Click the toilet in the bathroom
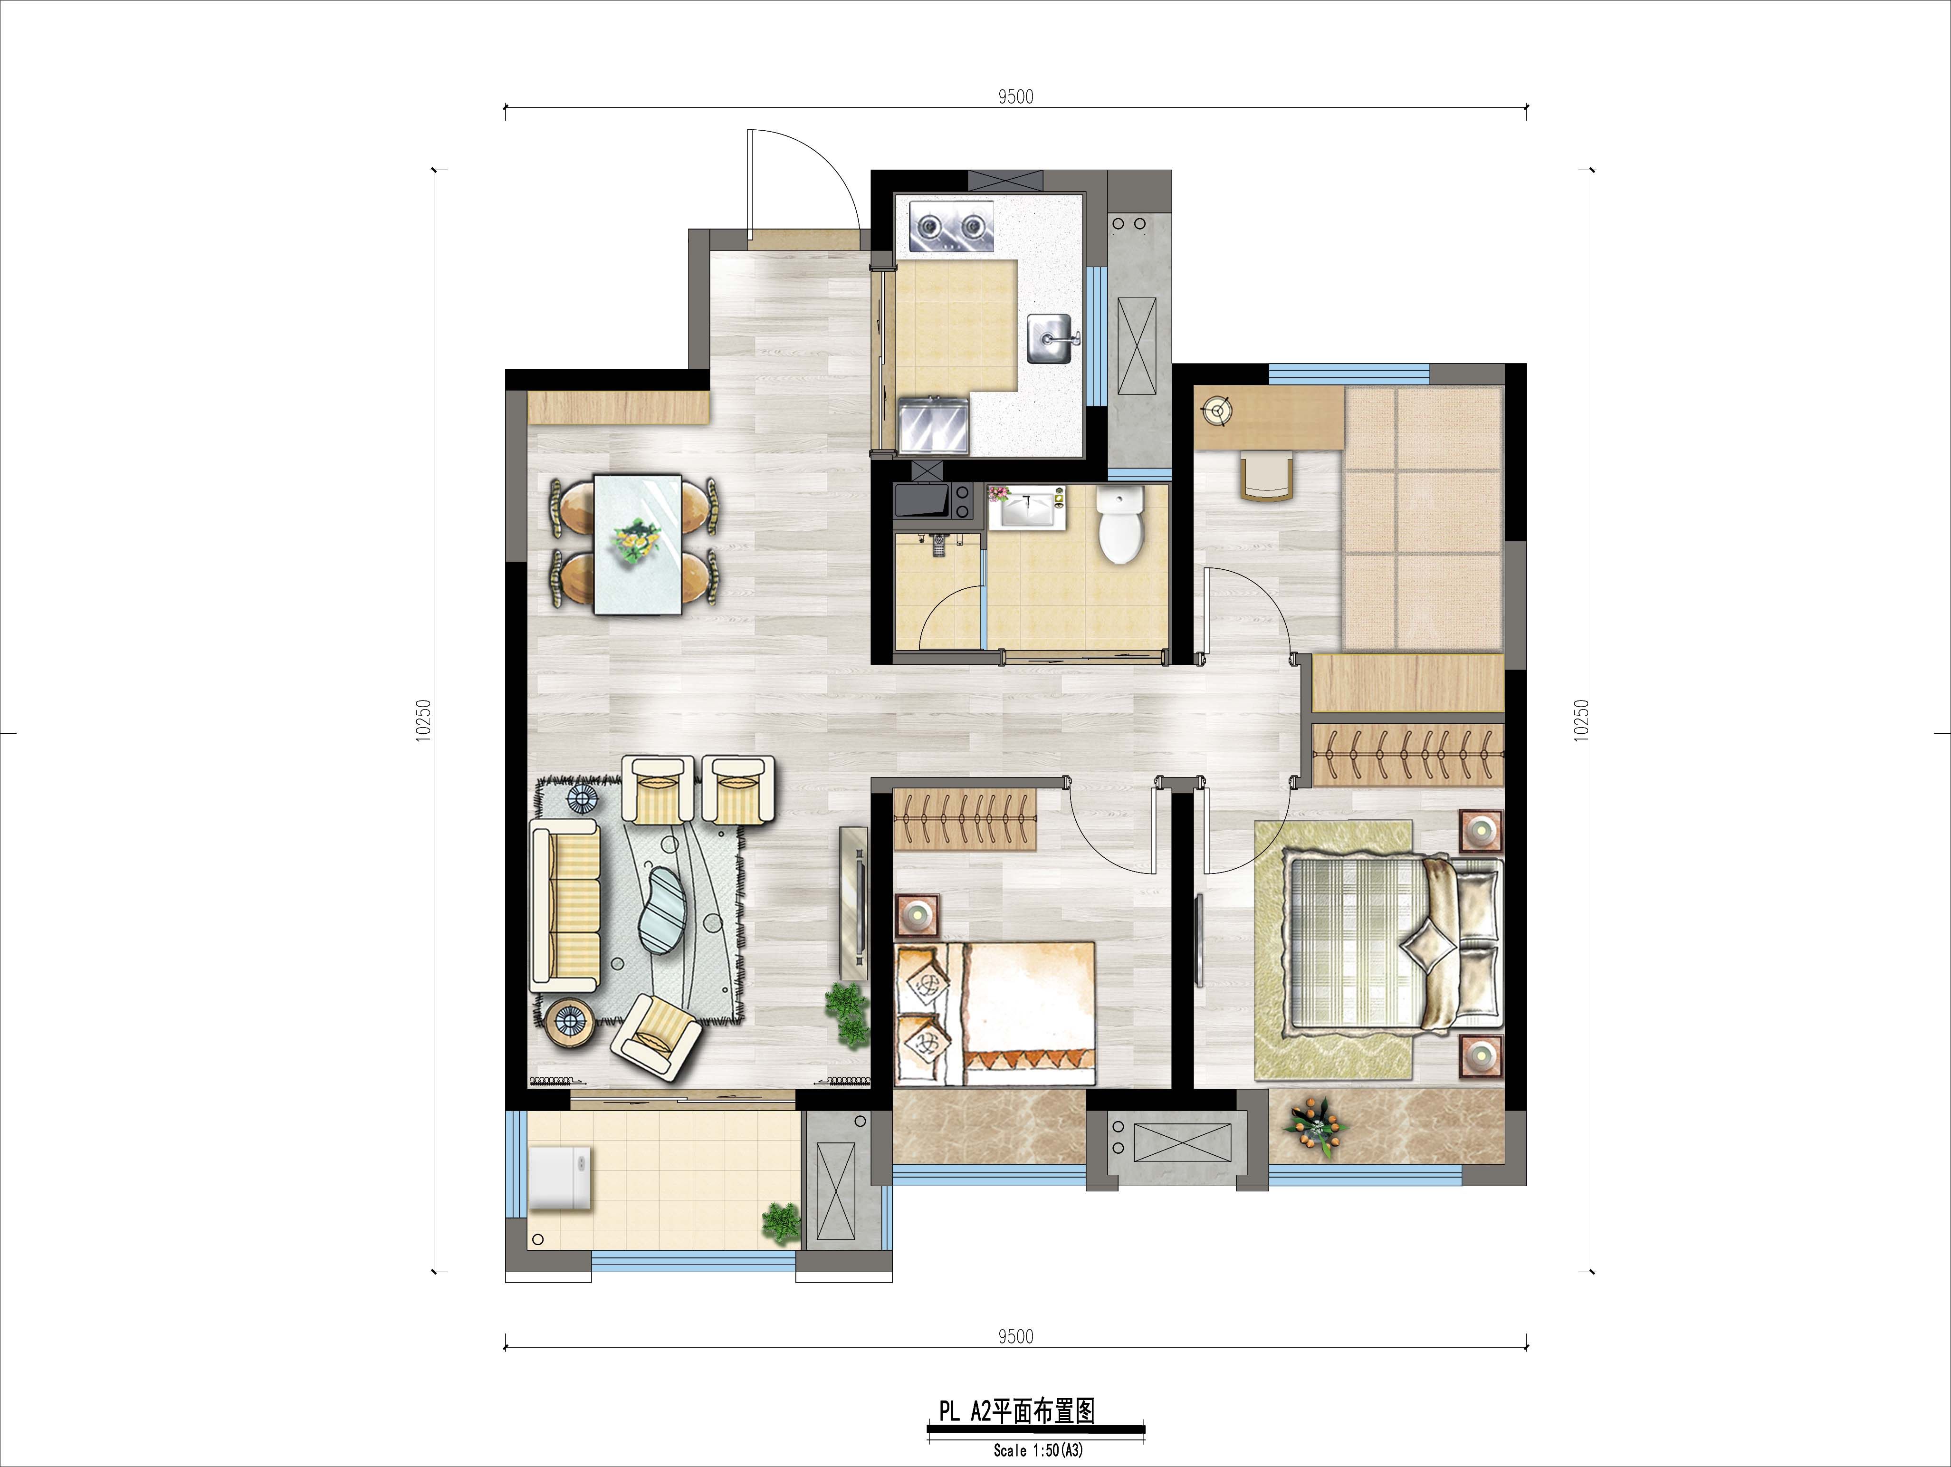[x=1119, y=526]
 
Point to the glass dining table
[x=637, y=544]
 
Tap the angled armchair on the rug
[x=656, y=1035]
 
